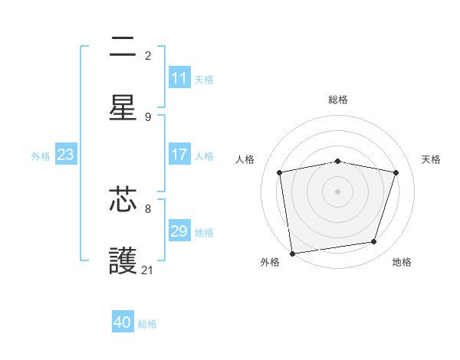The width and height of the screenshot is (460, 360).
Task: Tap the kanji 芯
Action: tap(123, 200)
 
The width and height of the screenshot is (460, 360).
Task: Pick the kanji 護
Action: tap(123, 261)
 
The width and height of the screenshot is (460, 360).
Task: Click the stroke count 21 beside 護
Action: tap(148, 270)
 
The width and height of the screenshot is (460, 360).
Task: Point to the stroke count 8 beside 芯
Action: tap(148, 208)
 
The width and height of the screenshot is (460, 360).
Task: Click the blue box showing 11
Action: tap(179, 78)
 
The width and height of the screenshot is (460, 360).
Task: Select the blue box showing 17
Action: tap(179, 155)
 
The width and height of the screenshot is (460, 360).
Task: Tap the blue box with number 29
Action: tap(179, 231)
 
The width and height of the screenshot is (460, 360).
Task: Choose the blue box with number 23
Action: tap(66, 155)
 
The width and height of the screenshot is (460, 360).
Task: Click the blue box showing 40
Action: tap(123, 322)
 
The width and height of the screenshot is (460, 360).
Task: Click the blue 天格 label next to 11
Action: tap(204, 79)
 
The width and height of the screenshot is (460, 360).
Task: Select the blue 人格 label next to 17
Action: tap(204, 155)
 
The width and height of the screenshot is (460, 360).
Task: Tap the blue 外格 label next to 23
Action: tap(41, 155)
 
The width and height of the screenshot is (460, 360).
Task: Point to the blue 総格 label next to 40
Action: tap(147, 323)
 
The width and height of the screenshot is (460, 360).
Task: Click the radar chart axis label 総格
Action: tap(338, 100)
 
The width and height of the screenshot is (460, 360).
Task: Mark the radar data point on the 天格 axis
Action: tap(396, 172)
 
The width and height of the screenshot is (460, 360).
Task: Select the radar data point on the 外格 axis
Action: tap(292, 253)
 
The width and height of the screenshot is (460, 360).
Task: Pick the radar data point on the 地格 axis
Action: tap(374, 242)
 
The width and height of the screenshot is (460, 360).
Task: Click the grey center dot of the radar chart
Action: tap(338, 191)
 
